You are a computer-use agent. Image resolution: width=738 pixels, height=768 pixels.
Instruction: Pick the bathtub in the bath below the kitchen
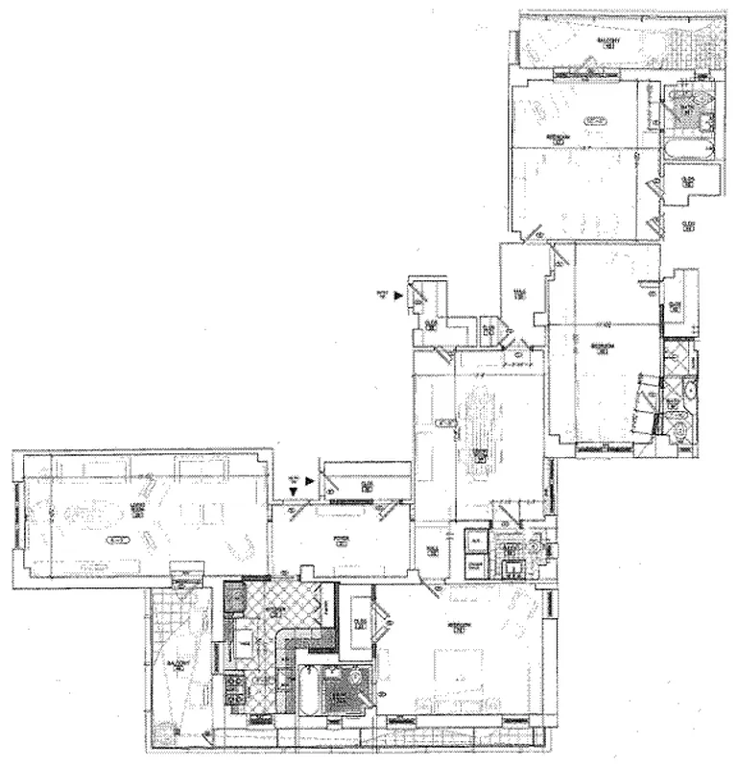click(307, 690)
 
